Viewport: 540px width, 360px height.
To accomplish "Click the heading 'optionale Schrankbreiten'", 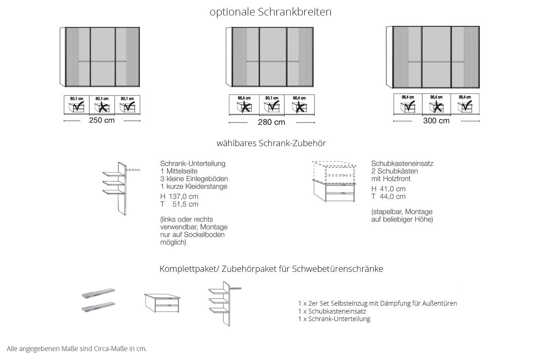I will point(270,12).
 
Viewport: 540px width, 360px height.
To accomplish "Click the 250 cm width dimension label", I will point(102,120).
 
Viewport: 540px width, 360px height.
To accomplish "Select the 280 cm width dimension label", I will point(271,122).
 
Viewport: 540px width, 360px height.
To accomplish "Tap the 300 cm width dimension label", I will point(436,121).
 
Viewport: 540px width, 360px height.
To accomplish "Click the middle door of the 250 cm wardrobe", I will point(103,57).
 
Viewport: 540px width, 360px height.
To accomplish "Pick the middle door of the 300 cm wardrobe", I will point(436,57).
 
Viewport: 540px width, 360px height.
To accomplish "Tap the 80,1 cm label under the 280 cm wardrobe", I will point(271,98).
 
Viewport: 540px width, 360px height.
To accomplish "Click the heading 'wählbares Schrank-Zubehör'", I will point(271,143).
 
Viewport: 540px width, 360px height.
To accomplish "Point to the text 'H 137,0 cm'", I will point(179,197).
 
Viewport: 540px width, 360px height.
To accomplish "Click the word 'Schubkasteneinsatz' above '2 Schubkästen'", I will point(402,163).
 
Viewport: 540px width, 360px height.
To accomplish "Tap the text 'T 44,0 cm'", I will point(388,197).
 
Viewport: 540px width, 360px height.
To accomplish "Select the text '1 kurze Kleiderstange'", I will point(194,186).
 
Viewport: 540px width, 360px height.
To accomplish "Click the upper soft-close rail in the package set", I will point(98,294).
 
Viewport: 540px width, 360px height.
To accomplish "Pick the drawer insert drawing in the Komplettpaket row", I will point(162,303).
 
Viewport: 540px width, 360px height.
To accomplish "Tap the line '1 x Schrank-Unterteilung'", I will point(334,319).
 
